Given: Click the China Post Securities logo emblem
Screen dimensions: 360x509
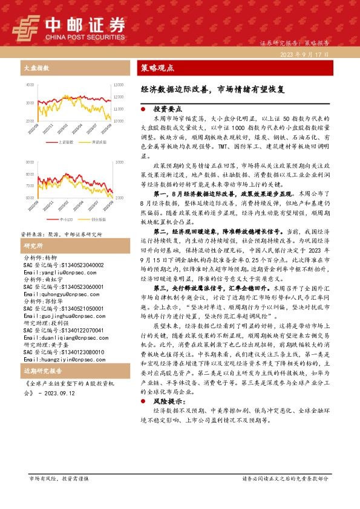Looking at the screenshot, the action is click(x=26, y=27).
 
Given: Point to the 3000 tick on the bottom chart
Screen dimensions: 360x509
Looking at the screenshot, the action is click(x=119, y=163).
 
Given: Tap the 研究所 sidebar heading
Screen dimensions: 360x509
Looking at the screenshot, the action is click(x=33, y=230).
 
